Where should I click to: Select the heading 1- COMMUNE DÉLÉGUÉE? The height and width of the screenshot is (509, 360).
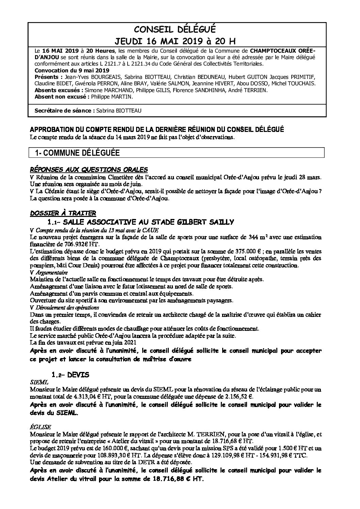pyautogui.click(x=77, y=153)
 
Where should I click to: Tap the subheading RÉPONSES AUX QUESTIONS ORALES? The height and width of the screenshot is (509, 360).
pyautogui.click(x=89, y=169)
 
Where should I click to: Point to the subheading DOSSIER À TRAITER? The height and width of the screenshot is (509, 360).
pyautogui.click(x=63, y=213)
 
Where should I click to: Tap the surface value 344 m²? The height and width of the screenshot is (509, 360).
pyautogui.click(x=273, y=237)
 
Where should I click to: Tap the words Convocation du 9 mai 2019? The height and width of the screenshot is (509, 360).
pyautogui.click(x=72, y=70)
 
